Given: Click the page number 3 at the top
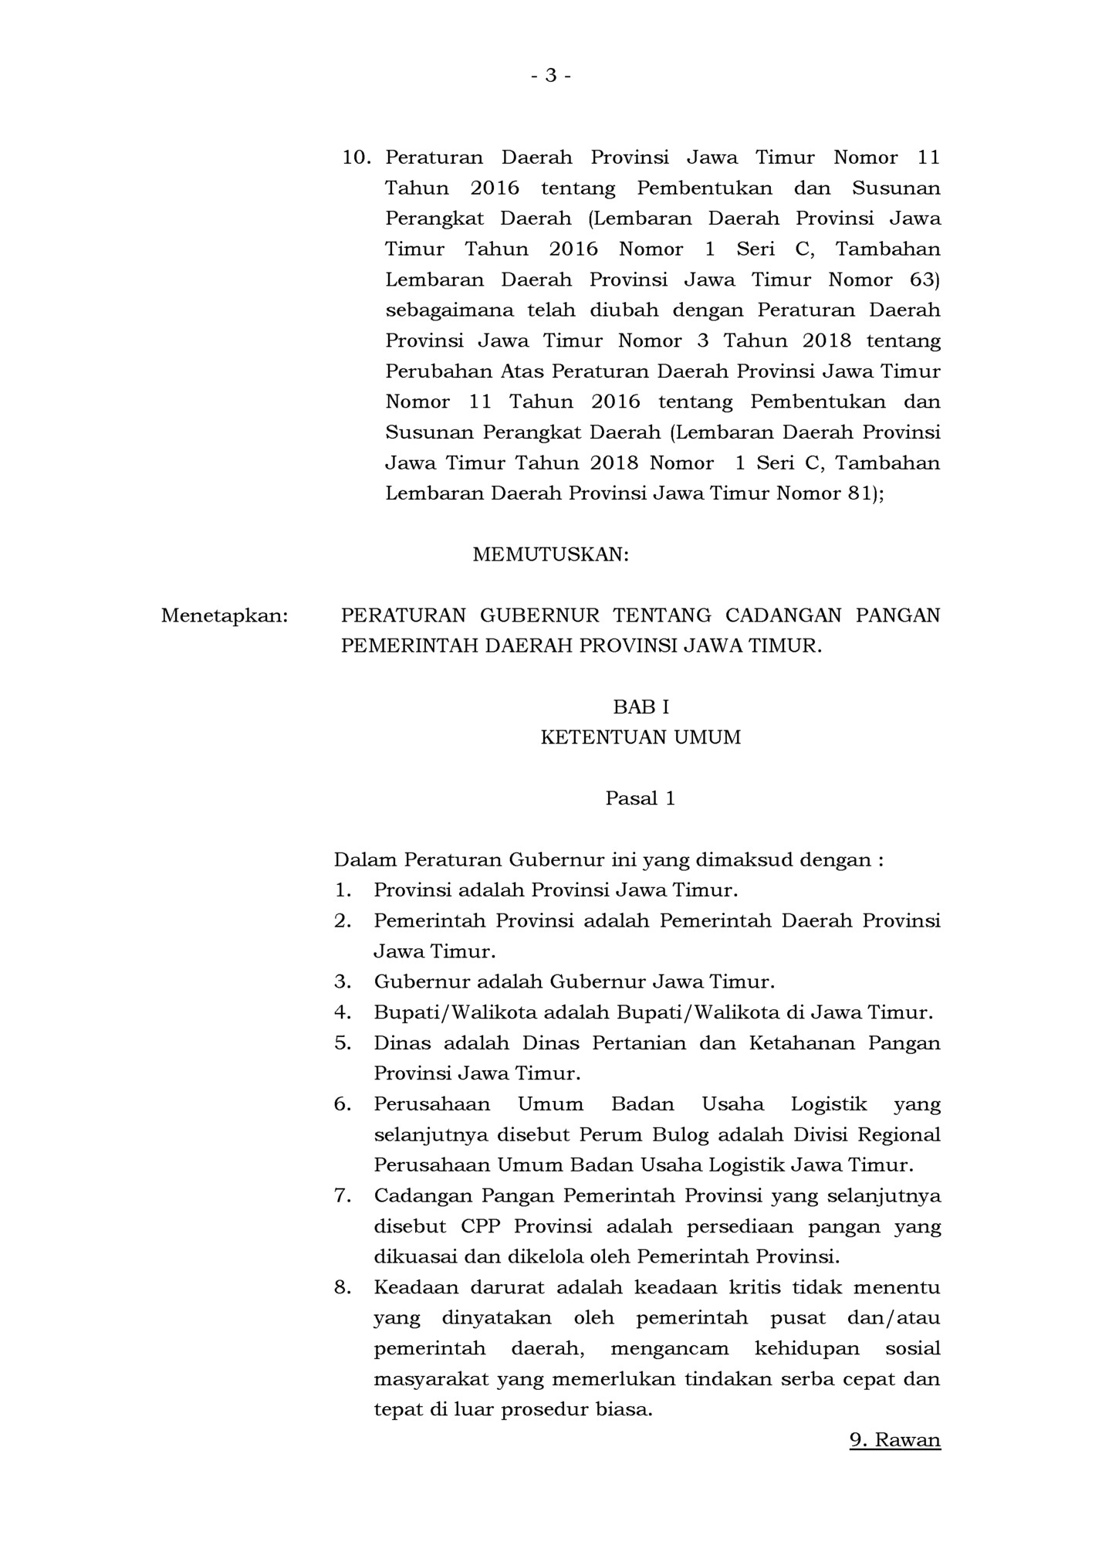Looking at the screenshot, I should pyautogui.click(x=550, y=76).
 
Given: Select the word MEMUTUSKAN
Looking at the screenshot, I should pyautogui.click(x=550, y=554).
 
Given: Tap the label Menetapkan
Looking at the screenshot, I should pyautogui.click(x=224, y=615).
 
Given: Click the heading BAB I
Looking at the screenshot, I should pyautogui.click(x=641, y=707).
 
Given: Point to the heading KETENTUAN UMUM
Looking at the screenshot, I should pyautogui.click(x=641, y=737).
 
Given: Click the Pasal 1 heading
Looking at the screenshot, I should pyautogui.click(x=641, y=798).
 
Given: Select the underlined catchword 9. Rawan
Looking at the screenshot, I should pyautogui.click(x=895, y=1439).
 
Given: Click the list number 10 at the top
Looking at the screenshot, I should pyautogui.click(x=357, y=158).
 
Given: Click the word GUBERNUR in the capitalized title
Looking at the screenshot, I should pyautogui.click(x=539, y=615).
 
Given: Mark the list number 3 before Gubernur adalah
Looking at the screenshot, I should pyautogui.click(x=343, y=982).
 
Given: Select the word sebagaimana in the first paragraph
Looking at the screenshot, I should pyautogui.click(x=448, y=310).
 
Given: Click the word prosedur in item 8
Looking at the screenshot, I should pyautogui.click(x=547, y=1409).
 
